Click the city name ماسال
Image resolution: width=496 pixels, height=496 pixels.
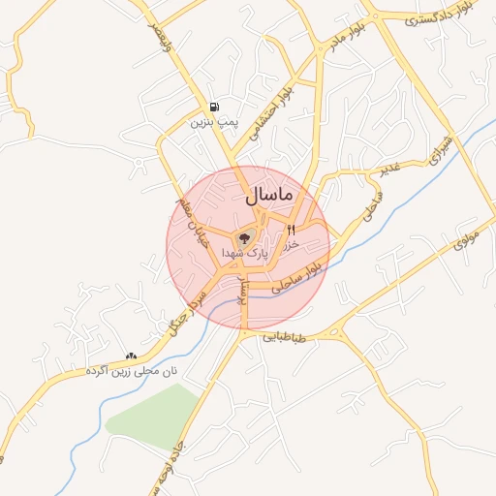coord(269,195)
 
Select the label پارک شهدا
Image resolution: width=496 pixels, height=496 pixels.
coord(244,252)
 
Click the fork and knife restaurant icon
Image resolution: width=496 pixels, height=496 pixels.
coord(290,230)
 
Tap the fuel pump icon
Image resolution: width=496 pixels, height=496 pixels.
coord(213,107)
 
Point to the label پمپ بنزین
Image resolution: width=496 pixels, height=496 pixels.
coord(213,123)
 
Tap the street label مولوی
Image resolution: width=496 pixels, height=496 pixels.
coord(467,237)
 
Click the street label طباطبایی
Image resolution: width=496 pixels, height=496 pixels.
coord(285,338)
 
